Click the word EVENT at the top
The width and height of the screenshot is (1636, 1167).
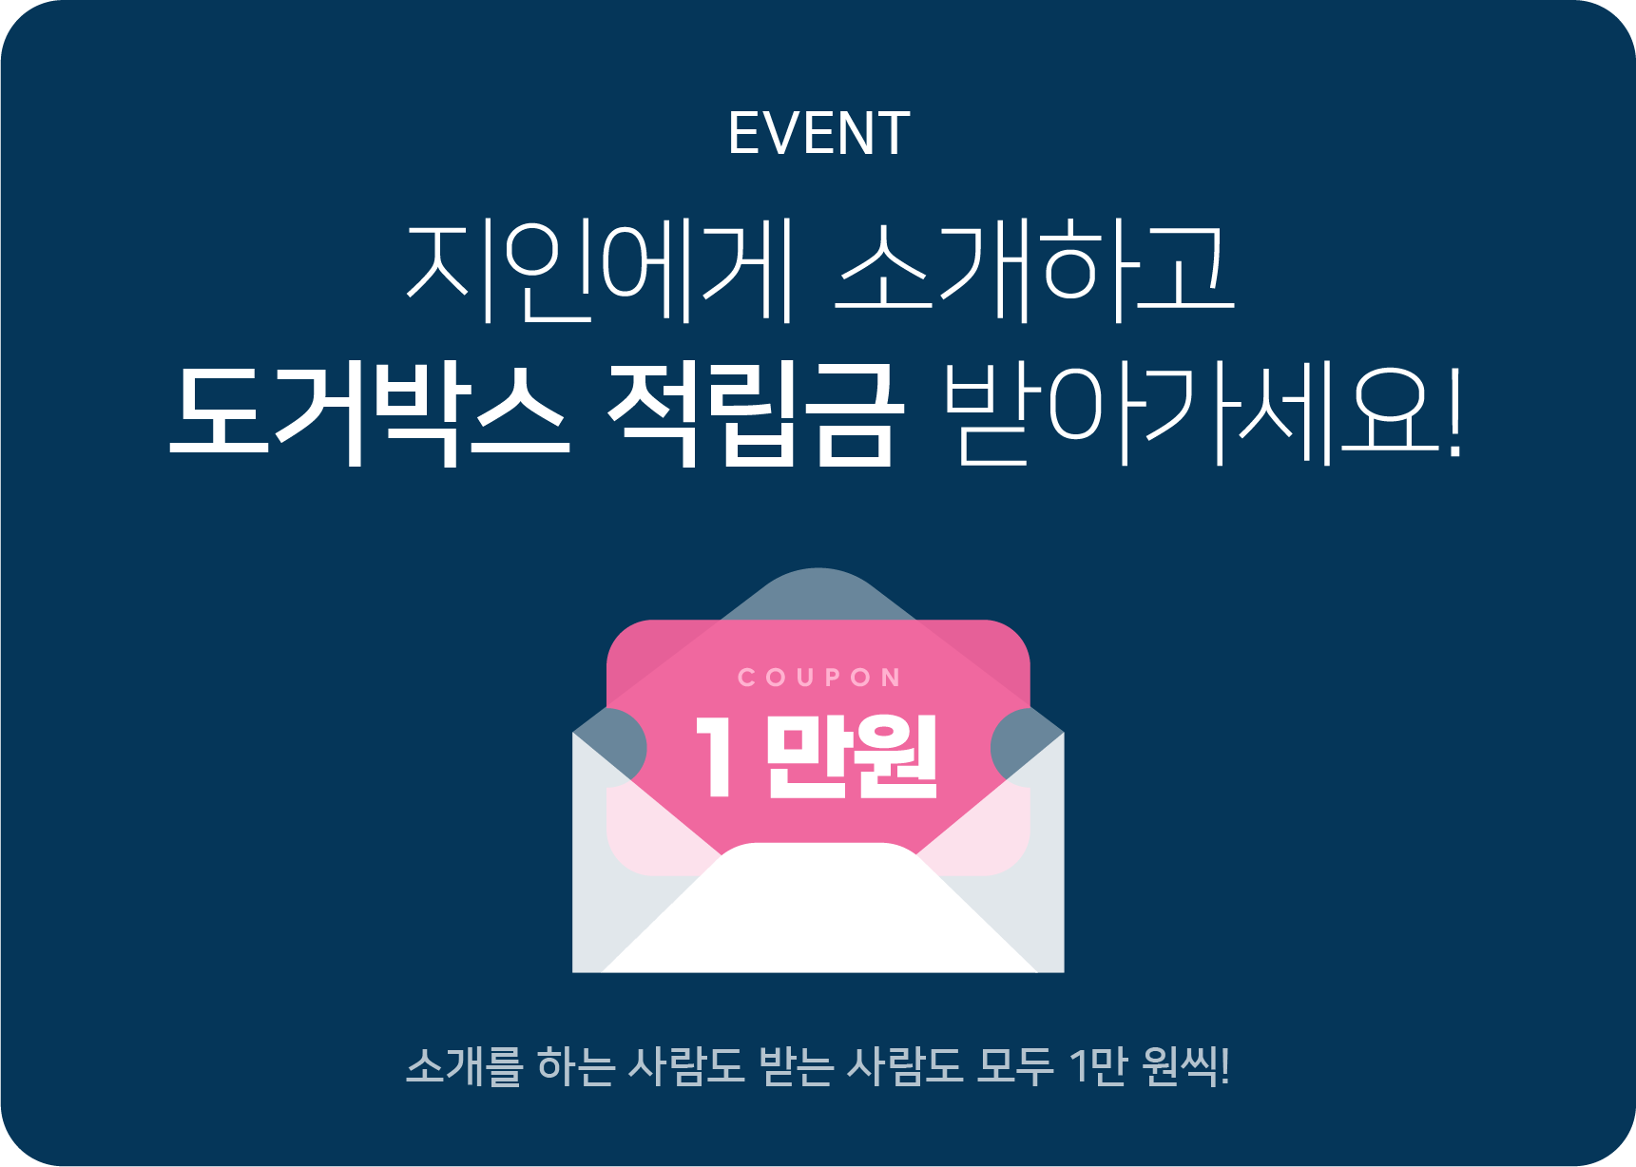point(818,133)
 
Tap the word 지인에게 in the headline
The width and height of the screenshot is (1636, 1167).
point(600,271)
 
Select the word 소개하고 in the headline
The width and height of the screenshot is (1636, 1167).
point(1034,271)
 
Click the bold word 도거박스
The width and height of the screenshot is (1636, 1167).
point(369,414)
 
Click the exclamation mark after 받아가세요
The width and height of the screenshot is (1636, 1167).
point(1454,414)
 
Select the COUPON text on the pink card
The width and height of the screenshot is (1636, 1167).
point(818,678)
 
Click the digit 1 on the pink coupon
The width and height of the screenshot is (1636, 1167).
point(715,756)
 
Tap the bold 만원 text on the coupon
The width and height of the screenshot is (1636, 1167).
point(852,756)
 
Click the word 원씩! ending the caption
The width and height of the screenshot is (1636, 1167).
point(1187,1065)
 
